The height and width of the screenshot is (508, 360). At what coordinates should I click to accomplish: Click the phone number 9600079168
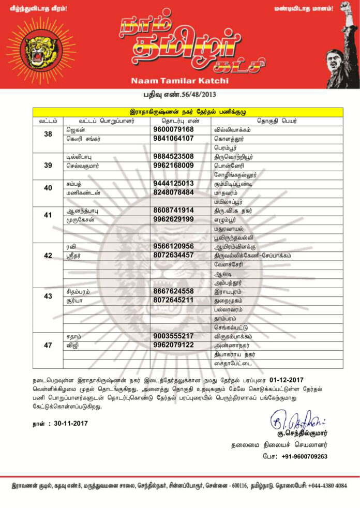point(173,129)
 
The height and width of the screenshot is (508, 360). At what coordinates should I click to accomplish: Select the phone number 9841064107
point(173,138)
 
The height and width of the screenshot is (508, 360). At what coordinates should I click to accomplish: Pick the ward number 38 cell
point(48,134)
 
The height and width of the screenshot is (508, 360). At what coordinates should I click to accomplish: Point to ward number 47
point(48,345)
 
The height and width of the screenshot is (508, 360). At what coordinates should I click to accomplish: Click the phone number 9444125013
point(173,183)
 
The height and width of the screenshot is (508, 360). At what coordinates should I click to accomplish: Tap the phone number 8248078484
point(173,192)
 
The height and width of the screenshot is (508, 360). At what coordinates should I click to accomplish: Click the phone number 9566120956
point(173,246)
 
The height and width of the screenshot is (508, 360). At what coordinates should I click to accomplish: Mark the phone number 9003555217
point(173,336)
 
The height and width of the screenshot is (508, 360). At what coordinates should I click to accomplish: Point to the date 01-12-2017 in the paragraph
point(293,380)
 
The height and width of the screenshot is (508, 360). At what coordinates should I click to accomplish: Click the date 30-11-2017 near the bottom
point(71,423)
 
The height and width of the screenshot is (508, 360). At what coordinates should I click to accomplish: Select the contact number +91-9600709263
point(305,456)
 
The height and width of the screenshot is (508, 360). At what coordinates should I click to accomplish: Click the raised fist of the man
point(345,7)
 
